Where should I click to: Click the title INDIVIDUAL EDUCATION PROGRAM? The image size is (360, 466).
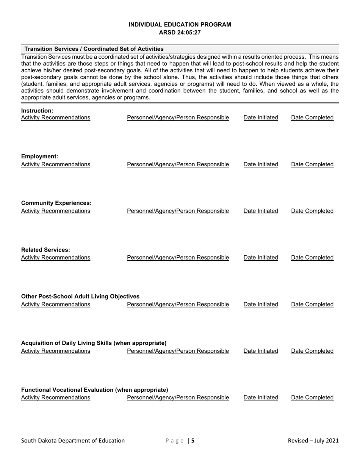(180, 25)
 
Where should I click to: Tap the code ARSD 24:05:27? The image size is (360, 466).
(180, 33)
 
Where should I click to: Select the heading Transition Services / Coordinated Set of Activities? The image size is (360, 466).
(94, 49)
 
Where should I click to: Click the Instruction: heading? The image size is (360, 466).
(37, 111)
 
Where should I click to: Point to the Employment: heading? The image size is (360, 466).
(40, 156)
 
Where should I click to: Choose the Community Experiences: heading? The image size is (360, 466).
(56, 203)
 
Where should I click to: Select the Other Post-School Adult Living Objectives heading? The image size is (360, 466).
(80, 296)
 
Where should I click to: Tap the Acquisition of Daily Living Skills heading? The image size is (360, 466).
(94, 343)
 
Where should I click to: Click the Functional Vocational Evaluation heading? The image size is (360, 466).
(94, 390)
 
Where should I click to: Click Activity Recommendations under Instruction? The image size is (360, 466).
(56, 117)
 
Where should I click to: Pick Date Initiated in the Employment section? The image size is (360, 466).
(261, 164)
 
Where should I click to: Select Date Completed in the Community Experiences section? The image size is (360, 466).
(312, 211)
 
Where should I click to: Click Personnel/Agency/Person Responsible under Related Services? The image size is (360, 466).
(178, 258)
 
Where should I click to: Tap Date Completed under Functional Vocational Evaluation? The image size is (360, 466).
(312, 397)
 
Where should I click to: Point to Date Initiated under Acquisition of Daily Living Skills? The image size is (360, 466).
(261, 351)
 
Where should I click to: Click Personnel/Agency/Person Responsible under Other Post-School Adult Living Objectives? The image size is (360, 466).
(178, 304)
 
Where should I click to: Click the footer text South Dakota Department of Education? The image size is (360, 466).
(73, 440)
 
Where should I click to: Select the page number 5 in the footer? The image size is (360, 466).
(193, 441)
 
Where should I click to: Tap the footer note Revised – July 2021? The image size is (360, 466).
(313, 440)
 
